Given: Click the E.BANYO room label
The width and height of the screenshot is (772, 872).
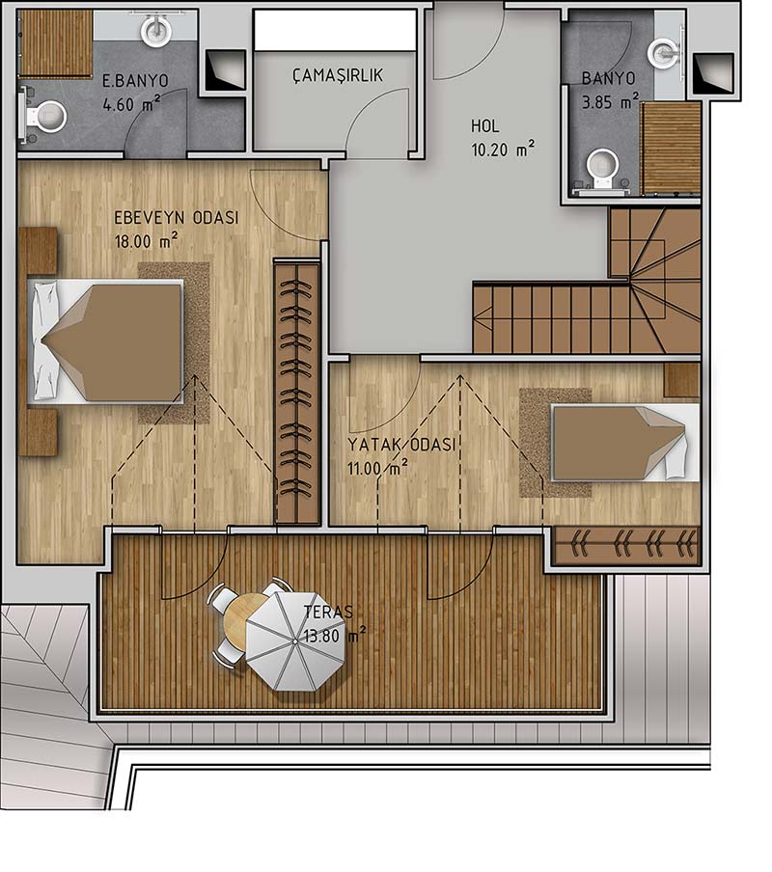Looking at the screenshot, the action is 136,81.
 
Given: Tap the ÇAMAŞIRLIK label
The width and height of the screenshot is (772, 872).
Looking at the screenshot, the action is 338,75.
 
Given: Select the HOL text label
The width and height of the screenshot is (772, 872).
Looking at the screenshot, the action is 485,126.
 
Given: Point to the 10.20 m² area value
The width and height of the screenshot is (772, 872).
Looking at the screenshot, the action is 504,150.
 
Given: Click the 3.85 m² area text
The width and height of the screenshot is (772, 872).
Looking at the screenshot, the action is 610,102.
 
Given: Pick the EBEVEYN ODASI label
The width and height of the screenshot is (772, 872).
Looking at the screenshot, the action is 177,217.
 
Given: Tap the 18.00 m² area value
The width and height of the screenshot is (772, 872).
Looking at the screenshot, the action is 147,241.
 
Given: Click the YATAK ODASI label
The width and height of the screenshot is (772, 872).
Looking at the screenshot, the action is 401,445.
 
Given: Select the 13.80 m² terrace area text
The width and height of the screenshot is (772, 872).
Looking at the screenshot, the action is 335,635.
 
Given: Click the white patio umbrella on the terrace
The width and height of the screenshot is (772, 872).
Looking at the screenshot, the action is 294,641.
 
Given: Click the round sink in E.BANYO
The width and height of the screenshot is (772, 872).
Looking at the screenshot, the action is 154,30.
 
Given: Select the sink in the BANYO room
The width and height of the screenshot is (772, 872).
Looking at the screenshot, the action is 665,53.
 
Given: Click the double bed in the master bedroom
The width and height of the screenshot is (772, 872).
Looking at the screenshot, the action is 106,341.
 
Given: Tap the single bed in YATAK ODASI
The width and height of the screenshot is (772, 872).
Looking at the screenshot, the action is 625,443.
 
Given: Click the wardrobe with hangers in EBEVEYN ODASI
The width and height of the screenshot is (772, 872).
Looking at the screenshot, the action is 297,392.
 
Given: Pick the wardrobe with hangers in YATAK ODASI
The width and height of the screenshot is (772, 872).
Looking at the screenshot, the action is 627,545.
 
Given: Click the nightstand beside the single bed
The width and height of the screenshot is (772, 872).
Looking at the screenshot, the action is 681,380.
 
